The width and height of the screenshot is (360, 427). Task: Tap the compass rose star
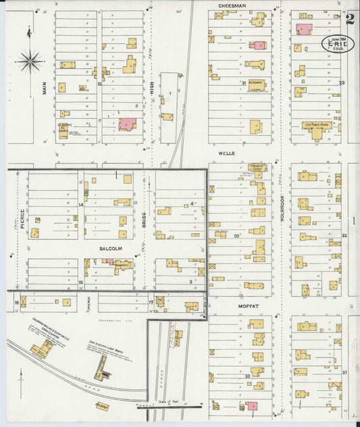31,61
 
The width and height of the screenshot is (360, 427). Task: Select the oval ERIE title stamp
336,45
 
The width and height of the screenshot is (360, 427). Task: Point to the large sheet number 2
350,18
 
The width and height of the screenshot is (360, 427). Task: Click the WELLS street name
226,153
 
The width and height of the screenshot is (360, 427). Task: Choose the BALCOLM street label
110,249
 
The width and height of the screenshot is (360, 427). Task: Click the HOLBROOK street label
282,209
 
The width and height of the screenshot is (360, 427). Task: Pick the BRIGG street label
144,220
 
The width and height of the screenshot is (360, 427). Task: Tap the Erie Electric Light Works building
102,368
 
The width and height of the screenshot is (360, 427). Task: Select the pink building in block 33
252,406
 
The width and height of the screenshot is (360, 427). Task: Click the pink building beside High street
127,124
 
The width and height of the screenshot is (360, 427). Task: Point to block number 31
243,83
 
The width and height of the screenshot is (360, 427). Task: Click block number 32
236,236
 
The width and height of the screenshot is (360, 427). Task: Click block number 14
80,203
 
